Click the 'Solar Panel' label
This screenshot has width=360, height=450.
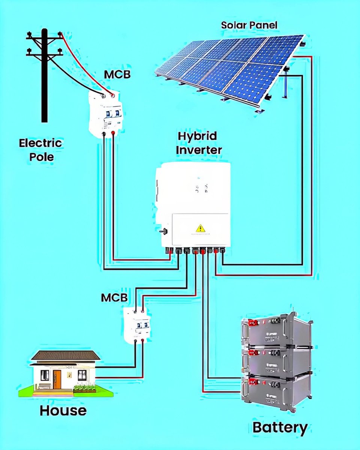(x=249, y=25)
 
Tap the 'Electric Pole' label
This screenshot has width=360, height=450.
(x=40, y=149)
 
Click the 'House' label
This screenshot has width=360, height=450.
(x=63, y=410)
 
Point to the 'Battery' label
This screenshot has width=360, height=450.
(x=280, y=427)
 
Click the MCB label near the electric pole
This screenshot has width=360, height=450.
(x=117, y=74)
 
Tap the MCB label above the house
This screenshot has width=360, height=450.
(x=114, y=298)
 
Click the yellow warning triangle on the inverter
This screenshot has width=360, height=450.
(x=201, y=228)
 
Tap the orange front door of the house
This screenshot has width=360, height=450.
(x=57, y=379)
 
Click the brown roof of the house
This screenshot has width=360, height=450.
(x=66, y=355)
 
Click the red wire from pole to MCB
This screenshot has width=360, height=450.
(x=84, y=64)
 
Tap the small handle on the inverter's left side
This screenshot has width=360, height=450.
(x=162, y=231)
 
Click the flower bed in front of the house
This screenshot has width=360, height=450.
(x=84, y=388)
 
